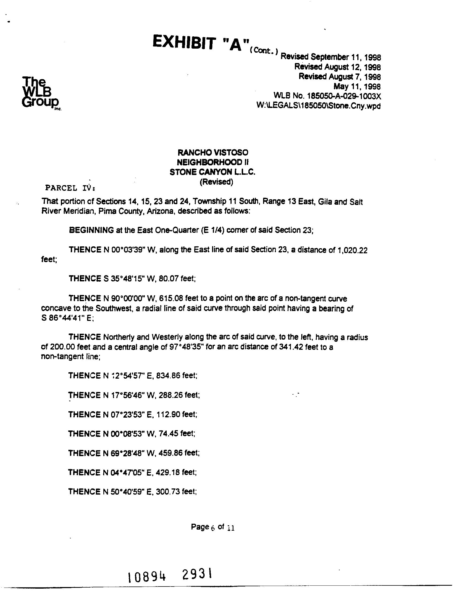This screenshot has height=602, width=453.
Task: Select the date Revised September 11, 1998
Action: [x=330, y=57]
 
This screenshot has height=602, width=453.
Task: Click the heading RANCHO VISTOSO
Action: [x=213, y=152]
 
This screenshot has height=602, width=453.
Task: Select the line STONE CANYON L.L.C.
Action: [x=213, y=172]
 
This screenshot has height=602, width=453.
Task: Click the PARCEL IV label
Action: [x=70, y=188]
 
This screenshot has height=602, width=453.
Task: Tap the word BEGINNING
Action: [x=91, y=230]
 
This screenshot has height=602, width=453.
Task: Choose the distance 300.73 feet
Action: [x=176, y=492]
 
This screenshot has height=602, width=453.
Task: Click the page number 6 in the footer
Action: [x=213, y=528]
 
